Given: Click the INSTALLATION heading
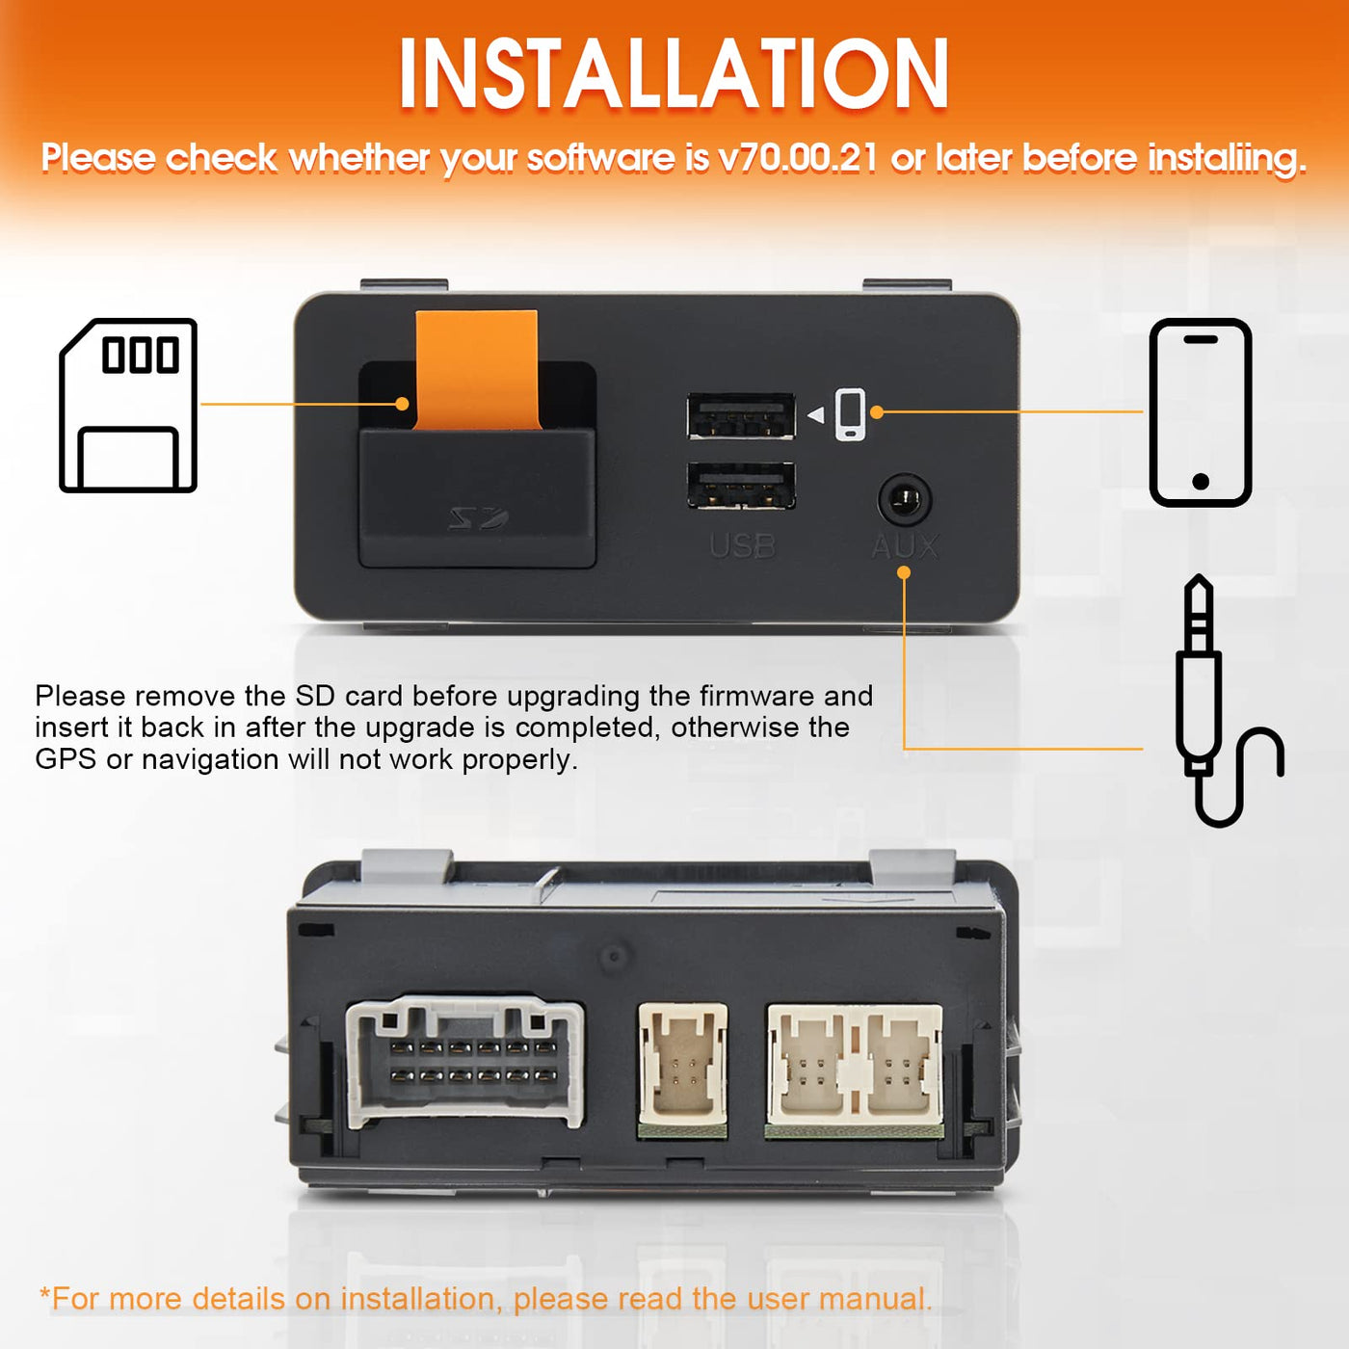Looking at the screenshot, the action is pyautogui.click(x=674, y=73).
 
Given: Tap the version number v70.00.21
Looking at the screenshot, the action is pyautogui.click(x=799, y=157).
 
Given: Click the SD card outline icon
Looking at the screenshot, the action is pyautogui.click(x=128, y=406).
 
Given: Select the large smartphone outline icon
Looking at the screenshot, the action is pyautogui.click(x=1200, y=412).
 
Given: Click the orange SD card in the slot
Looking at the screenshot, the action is pyautogui.click(x=477, y=370).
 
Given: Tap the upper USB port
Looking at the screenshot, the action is pyautogui.click(x=741, y=416).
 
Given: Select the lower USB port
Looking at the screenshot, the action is pyautogui.click(x=741, y=485).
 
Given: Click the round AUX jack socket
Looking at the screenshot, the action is pyautogui.click(x=905, y=500).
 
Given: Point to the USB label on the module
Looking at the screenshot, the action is pyautogui.click(x=742, y=546).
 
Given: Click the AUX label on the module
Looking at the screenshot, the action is pyautogui.click(x=905, y=546).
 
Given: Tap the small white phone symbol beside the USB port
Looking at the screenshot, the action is pyautogui.click(x=850, y=414).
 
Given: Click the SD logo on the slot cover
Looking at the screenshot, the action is pyautogui.click(x=479, y=518).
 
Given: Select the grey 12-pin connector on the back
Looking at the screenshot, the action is pyautogui.click(x=465, y=1063).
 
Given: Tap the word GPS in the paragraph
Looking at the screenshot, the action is pyautogui.click(x=66, y=759).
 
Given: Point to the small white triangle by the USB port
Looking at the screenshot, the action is pyautogui.click(x=816, y=415).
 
